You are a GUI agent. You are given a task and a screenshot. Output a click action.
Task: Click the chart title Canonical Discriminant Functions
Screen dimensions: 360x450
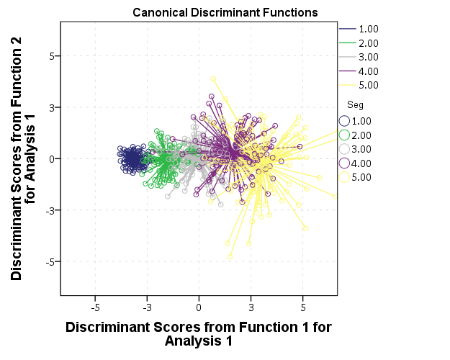click(x=225, y=13)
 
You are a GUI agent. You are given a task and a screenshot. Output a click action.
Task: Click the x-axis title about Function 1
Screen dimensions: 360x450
click(x=199, y=334)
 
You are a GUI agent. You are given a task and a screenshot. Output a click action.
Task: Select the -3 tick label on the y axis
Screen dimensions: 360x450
click(x=48, y=210)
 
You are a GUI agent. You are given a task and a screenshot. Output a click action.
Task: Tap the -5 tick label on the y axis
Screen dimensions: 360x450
click(x=48, y=261)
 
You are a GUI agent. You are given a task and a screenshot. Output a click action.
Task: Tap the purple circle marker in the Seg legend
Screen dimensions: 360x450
click(x=344, y=163)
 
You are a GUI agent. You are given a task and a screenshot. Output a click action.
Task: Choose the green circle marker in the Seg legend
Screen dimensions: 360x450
click(x=344, y=135)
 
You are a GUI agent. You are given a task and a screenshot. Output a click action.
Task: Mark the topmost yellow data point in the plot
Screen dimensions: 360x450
click(x=213, y=79)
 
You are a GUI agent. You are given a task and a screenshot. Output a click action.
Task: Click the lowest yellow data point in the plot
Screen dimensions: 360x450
click(x=230, y=256)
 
